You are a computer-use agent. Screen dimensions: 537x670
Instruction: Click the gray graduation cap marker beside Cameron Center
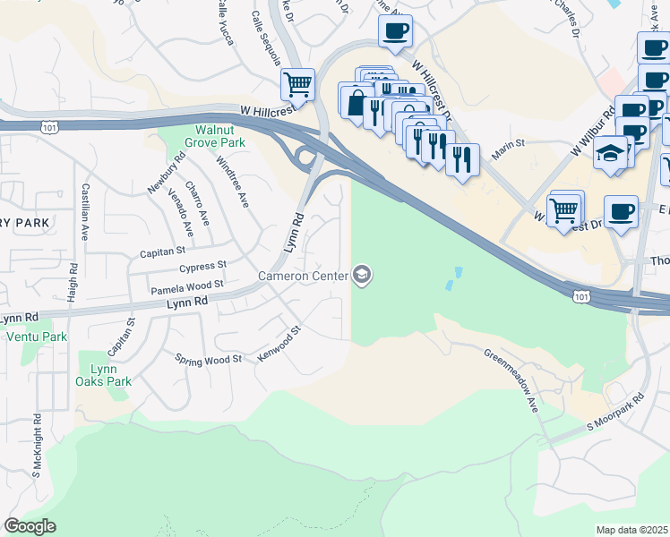362,275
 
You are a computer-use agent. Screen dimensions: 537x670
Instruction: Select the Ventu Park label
36,337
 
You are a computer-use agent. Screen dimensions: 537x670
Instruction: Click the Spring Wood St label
209,359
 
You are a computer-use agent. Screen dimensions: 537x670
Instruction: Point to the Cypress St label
202,266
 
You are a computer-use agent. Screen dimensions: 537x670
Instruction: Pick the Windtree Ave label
232,183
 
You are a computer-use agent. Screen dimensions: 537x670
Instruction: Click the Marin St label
507,143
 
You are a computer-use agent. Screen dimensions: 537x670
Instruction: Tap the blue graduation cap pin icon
612,151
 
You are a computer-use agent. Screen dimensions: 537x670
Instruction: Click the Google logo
30,526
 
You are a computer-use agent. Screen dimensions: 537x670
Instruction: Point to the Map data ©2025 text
631,530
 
